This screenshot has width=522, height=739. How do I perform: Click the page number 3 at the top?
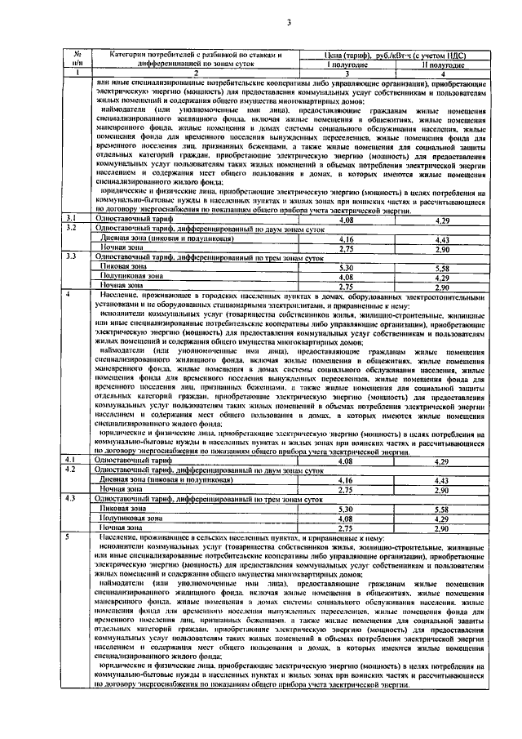[289, 22]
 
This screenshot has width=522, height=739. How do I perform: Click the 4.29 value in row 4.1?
[443, 462]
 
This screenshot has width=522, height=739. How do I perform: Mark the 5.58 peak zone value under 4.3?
[443, 509]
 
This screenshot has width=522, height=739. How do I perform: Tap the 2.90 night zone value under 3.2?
[443, 248]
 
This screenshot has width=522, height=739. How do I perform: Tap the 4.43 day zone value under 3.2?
[443, 239]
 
